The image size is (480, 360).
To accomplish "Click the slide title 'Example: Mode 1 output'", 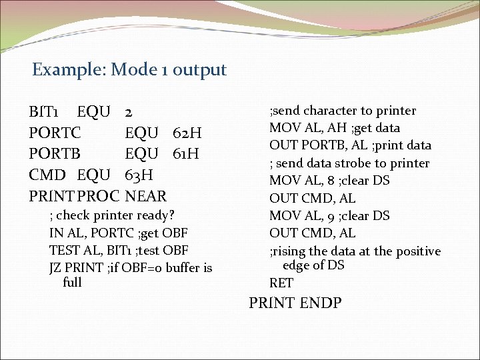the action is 129,69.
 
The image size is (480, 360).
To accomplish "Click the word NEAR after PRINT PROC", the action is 146,197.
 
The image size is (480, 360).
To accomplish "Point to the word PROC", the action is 99,197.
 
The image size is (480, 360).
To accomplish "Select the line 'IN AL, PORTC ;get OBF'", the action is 118,233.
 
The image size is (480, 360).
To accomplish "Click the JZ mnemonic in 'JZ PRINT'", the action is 56,268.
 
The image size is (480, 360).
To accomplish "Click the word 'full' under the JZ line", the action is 71,282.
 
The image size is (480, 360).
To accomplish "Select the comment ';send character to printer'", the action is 342,111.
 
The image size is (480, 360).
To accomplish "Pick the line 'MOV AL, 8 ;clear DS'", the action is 329,181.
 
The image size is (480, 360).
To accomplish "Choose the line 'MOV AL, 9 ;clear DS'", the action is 329,216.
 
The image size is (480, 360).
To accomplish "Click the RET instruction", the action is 281,283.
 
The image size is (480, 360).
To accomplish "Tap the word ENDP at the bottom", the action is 321,303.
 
